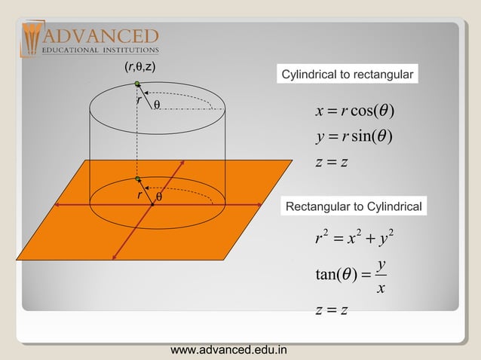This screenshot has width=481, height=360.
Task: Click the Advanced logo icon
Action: tap(32, 38)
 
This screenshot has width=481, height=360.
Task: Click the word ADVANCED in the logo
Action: tap(101, 35)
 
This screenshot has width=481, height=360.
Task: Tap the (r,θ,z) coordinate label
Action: tap(139, 67)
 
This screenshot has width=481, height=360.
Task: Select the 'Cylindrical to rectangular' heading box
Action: tap(347, 75)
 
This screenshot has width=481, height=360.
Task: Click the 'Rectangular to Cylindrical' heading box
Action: tap(353, 206)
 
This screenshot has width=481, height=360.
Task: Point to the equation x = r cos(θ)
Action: tap(356, 112)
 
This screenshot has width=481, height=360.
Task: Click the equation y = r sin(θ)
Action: tap(354, 138)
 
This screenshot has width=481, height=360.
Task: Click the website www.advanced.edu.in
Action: tap(229, 350)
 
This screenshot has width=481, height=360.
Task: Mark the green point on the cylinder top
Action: tap(137, 84)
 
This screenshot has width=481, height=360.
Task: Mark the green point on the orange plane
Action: tap(138, 178)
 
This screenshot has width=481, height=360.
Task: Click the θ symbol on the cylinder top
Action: tap(157, 105)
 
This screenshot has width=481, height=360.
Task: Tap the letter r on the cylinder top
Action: tap(139, 99)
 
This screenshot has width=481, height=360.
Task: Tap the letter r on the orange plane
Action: tap(139, 194)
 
